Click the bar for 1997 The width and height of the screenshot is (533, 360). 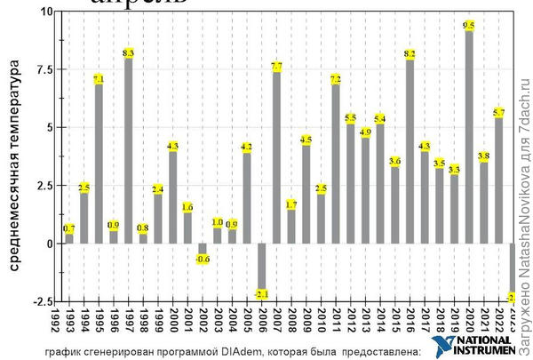(128, 151)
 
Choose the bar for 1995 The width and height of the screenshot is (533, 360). (99, 164)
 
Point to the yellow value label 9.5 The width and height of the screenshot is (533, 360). (469, 25)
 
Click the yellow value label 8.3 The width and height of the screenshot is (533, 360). (128, 53)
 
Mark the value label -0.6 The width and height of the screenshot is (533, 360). (203, 259)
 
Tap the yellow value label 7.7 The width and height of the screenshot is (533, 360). (276, 67)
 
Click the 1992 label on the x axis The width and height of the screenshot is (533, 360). (55, 321)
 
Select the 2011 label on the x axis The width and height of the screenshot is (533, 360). (336, 321)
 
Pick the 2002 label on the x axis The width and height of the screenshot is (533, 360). (203, 321)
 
